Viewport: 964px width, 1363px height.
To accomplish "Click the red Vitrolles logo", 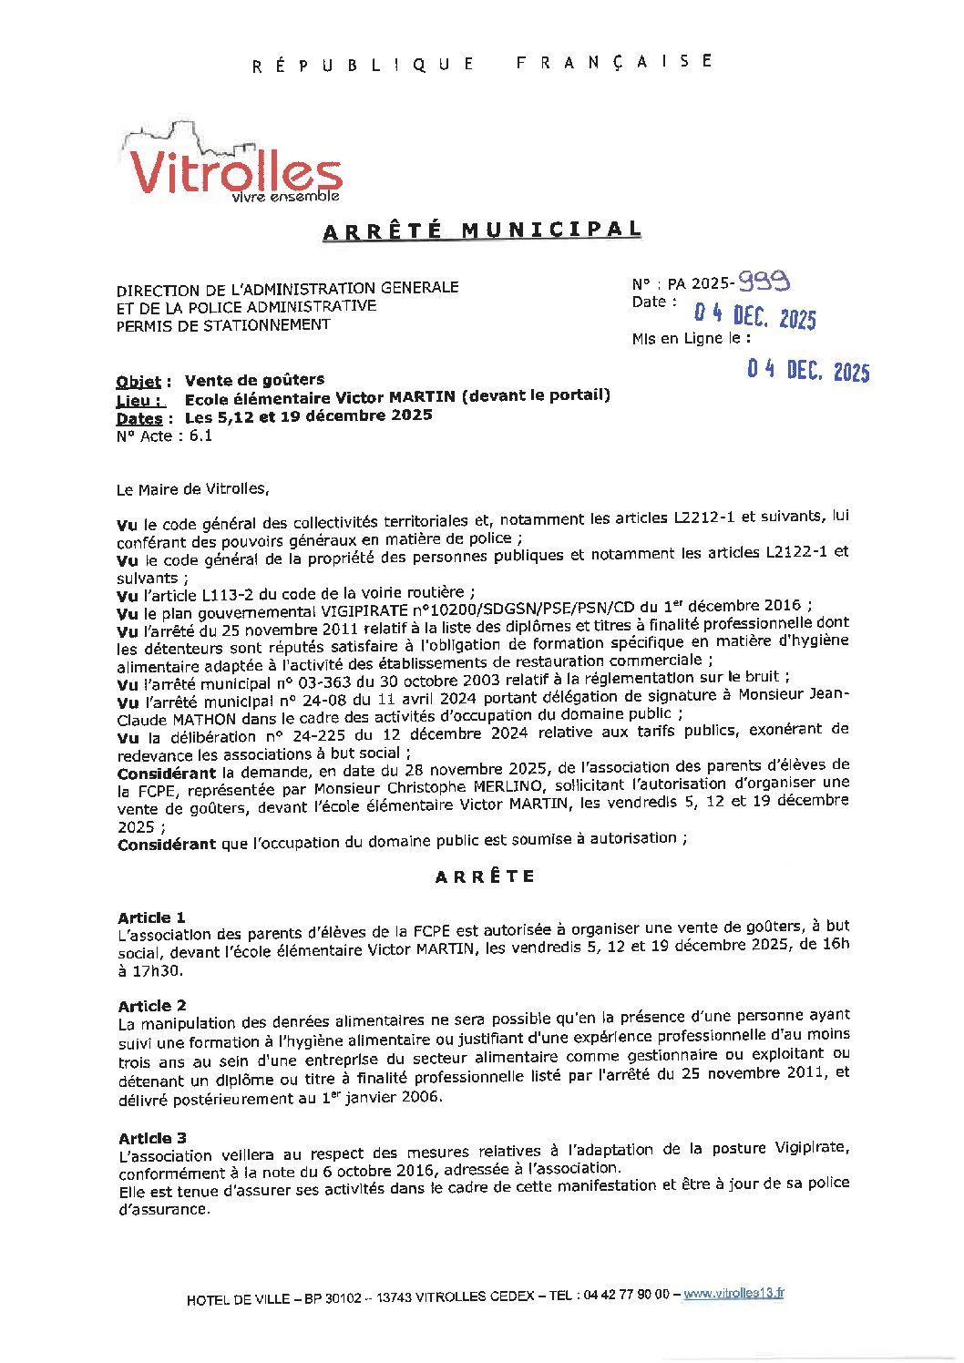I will [232, 169].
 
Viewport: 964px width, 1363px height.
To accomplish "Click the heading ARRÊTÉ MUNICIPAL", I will [482, 231].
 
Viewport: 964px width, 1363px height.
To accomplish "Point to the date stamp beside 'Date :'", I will [754, 315].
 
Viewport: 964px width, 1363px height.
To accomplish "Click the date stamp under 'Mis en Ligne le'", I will [807, 370].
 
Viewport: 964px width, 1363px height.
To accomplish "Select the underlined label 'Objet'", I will [138, 382].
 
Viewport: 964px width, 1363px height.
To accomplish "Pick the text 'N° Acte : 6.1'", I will [164, 436].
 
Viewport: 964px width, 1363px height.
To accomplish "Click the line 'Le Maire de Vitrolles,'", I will [193, 489].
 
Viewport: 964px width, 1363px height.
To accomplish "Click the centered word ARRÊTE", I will [484, 876].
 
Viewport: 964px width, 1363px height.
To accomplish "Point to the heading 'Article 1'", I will [151, 917].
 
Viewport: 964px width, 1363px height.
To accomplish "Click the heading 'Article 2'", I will [152, 1006].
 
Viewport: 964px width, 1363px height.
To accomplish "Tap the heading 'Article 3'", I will [152, 1138].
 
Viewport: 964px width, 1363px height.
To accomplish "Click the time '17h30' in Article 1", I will [150, 971].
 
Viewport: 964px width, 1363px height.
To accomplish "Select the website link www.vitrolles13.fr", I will [733, 1293].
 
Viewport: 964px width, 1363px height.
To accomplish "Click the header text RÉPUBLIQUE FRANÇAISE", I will [482, 64].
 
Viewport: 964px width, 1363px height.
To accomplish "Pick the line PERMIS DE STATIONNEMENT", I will [222, 325].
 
